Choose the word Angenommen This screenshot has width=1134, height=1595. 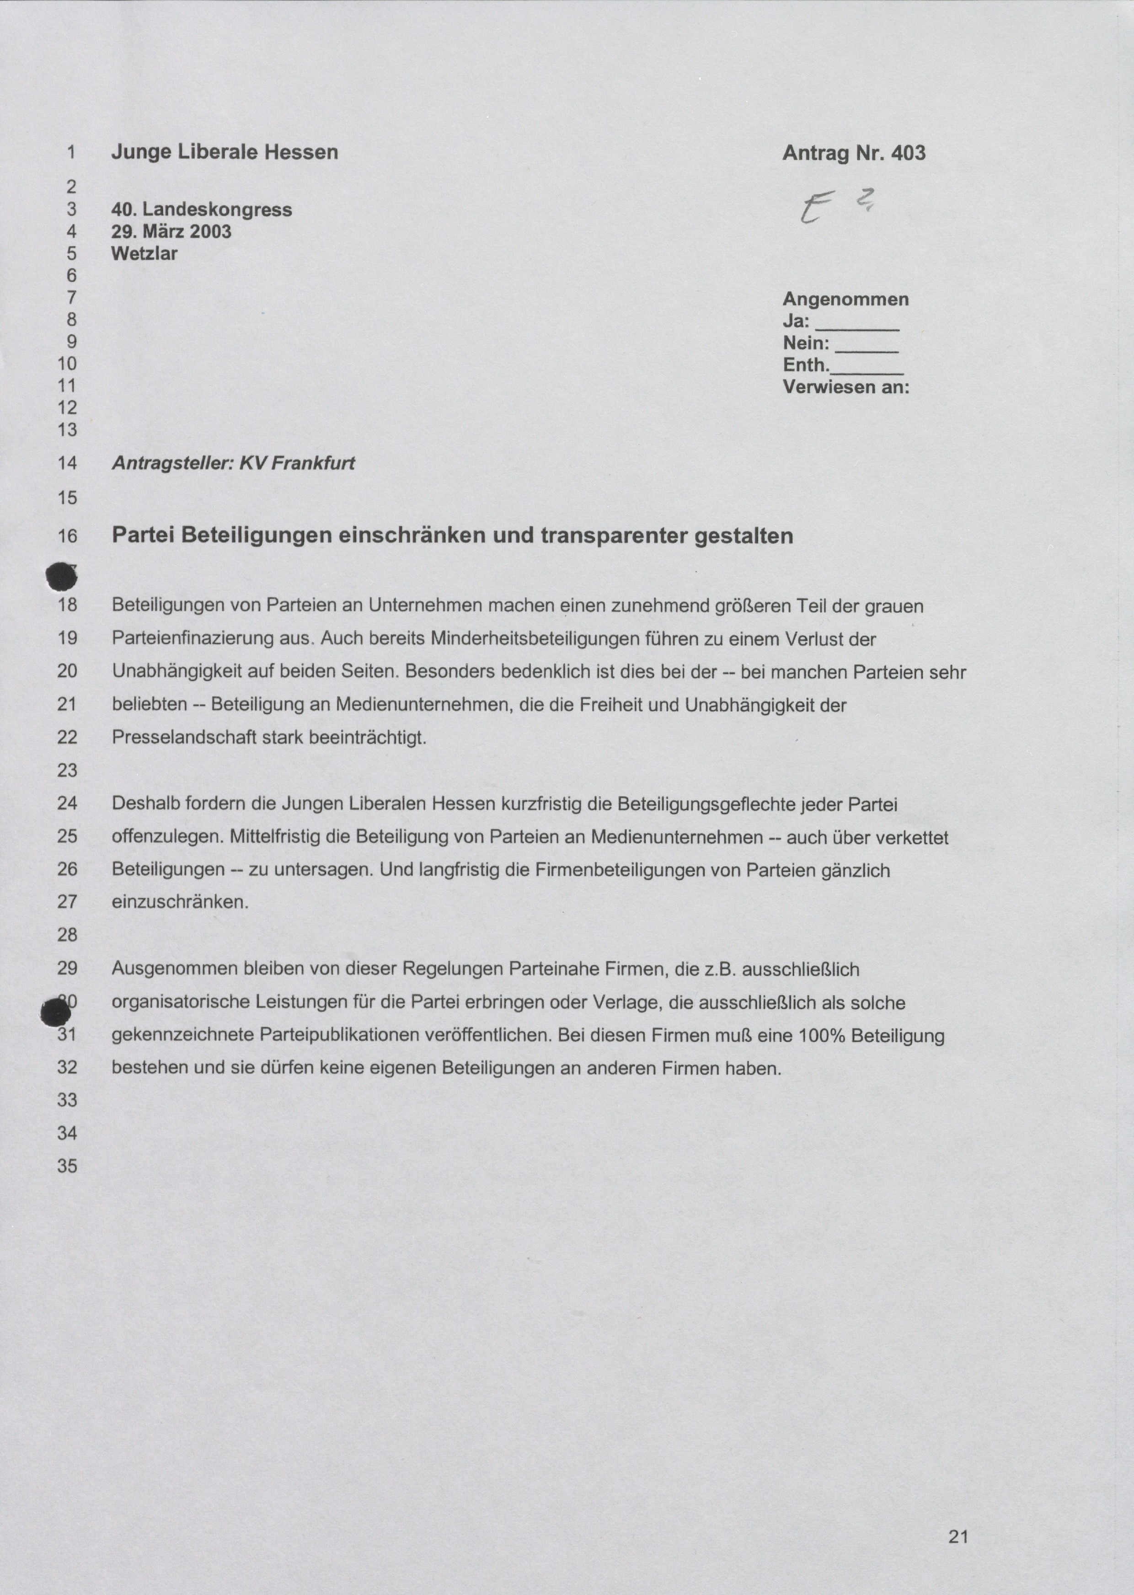845,299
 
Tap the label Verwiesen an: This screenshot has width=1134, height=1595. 845,386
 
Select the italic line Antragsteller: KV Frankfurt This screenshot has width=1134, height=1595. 233,462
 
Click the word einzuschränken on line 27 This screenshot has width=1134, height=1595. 179,902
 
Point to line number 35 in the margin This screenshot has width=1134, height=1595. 67,1166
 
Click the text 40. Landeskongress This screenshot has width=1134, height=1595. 201,209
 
